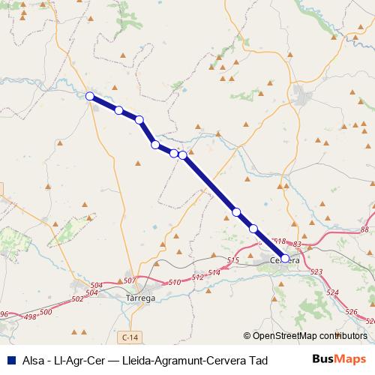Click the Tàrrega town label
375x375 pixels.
coord(138,298)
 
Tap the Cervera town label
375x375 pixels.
coord(285,261)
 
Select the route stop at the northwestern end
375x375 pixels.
coord(90,96)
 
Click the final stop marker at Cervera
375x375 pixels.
coord(285,259)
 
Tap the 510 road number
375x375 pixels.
coord(175,282)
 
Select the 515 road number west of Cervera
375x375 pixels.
coord(232,260)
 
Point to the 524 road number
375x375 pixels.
coord(333,292)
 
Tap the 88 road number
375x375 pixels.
coord(364,229)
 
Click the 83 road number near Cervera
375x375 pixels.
coord(297,244)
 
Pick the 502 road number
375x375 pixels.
coord(78,298)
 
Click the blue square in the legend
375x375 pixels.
coord(10,359)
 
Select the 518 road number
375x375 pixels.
coord(280,241)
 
